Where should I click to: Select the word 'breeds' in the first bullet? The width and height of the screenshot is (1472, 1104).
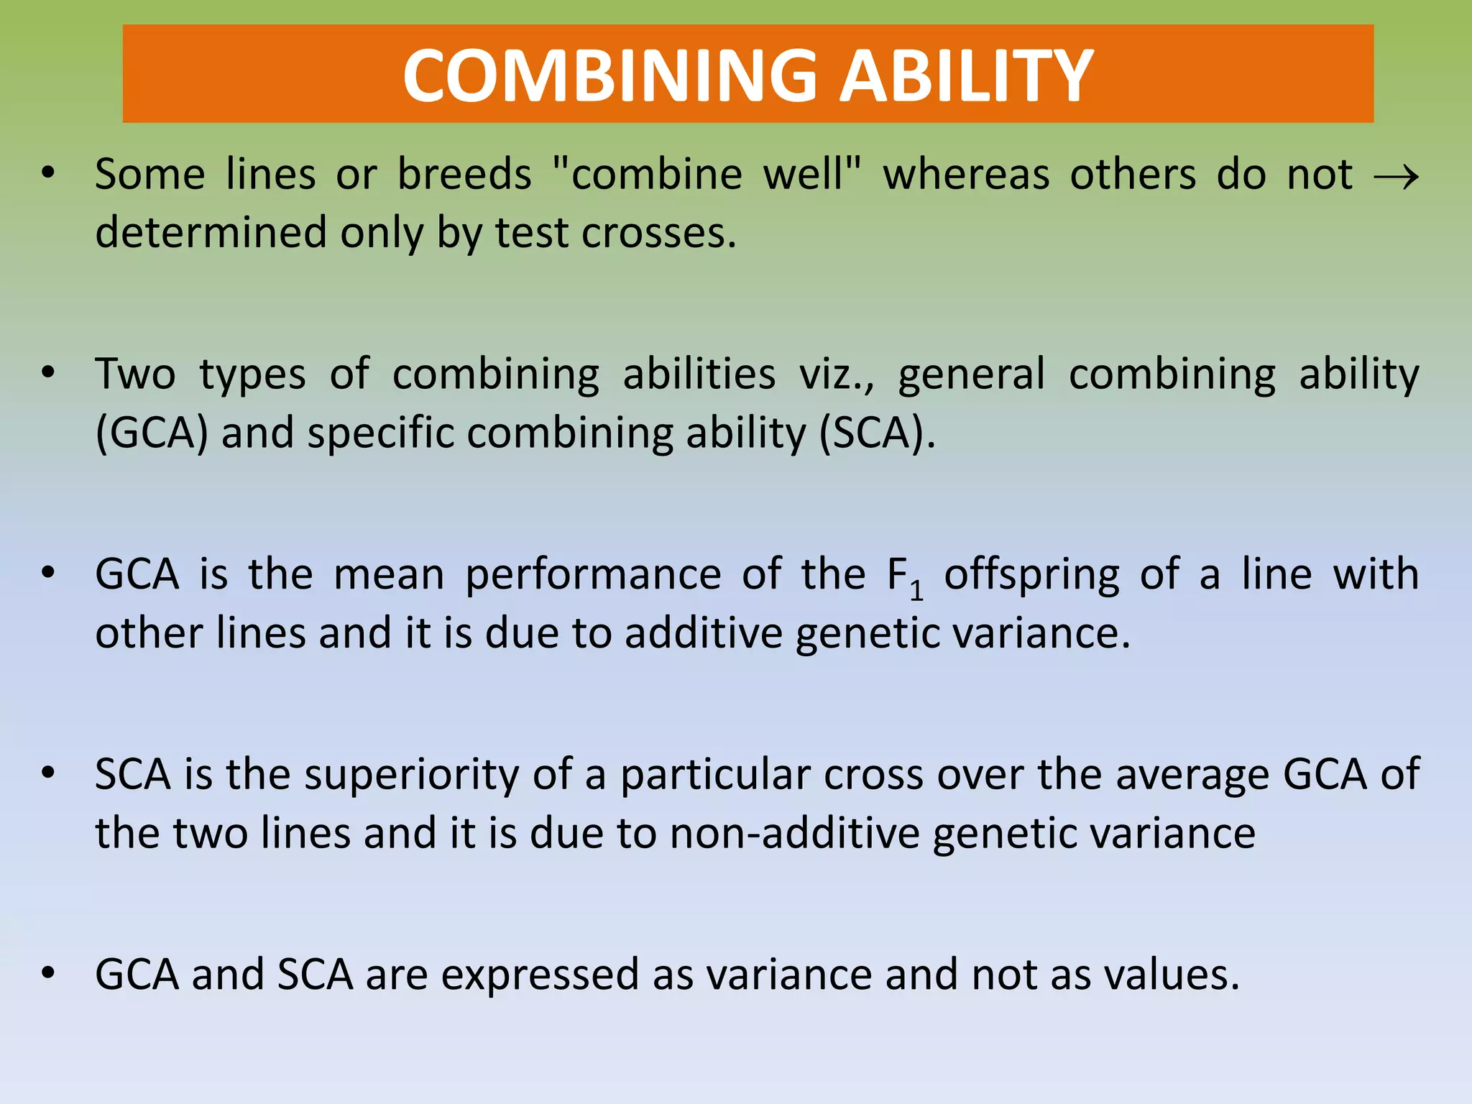464,175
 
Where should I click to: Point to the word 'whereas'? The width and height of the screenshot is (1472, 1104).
966,175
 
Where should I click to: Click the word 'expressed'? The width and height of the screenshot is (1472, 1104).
540,976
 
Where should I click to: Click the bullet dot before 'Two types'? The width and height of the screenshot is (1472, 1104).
48,372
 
